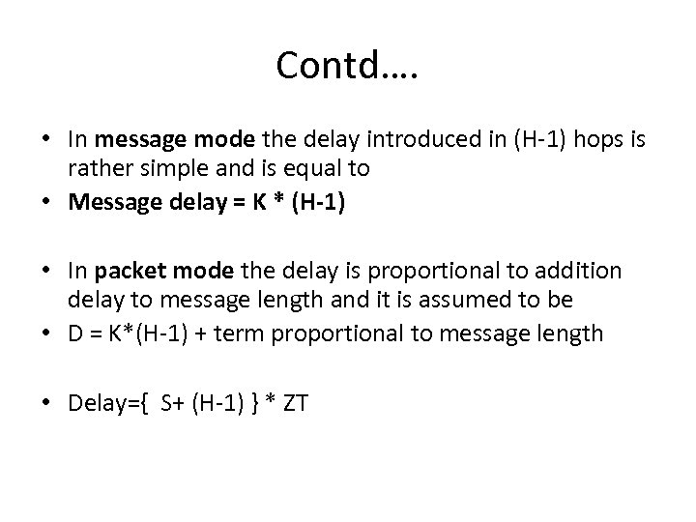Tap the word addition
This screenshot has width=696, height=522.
[586, 272]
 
